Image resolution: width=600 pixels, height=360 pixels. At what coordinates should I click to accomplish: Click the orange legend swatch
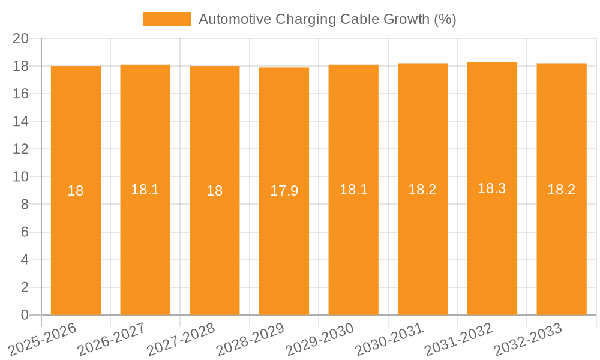(167, 19)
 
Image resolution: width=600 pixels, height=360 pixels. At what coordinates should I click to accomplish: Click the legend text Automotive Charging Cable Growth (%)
(327, 19)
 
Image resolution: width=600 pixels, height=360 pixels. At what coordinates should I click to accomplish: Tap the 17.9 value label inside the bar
(284, 191)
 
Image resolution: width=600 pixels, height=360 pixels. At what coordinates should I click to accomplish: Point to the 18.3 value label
(492, 188)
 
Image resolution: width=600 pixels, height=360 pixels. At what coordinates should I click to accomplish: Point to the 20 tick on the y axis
(21, 38)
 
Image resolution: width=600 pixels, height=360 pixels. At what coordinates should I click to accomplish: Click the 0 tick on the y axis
(25, 315)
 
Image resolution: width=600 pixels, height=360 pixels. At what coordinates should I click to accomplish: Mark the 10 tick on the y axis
(21, 177)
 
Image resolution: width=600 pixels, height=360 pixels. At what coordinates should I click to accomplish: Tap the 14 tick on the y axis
(21, 121)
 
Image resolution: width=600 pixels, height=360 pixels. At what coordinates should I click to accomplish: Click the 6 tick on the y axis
(25, 232)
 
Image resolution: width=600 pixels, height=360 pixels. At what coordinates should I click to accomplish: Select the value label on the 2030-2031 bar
(422, 190)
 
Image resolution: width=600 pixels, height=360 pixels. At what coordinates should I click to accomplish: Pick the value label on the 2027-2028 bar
(215, 191)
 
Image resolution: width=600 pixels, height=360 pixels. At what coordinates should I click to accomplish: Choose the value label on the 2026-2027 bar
(145, 190)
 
